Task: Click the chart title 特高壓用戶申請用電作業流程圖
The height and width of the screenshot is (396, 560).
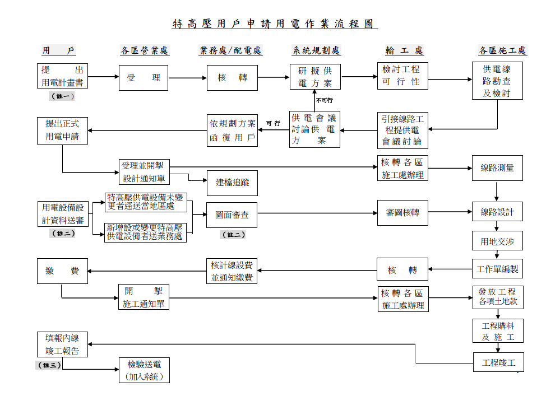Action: [x=275, y=24]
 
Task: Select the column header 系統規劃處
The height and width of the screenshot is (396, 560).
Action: [x=316, y=50]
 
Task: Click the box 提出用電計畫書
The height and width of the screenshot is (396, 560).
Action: [x=62, y=76]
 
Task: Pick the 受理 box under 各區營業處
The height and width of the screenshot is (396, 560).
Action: [x=144, y=78]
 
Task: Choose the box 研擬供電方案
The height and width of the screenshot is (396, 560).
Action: [x=314, y=77]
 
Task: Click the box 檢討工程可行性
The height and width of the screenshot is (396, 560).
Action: [x=402, y=76]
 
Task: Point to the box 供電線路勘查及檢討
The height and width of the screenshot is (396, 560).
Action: [x=497, y=81]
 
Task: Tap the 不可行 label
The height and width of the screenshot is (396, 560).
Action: [x=324, y=101]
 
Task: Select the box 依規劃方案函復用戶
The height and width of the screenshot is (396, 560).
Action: [x=232, y=130]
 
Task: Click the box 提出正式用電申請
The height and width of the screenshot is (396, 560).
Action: [x=62, y=130]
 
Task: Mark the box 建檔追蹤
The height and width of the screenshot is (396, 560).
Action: [x=232, y=182]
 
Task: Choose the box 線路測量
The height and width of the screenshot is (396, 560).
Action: [x=497, y=167]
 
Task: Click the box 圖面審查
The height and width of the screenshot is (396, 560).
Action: [x=232, y=215]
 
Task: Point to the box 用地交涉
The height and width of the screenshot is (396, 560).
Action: [x=497, y=242]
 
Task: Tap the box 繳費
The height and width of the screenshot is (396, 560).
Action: [x=62, y=271]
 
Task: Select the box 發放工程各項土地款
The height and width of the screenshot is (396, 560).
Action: [x=497, y=297]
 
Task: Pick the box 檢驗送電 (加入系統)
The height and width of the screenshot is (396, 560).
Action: [x=144, y=371]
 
